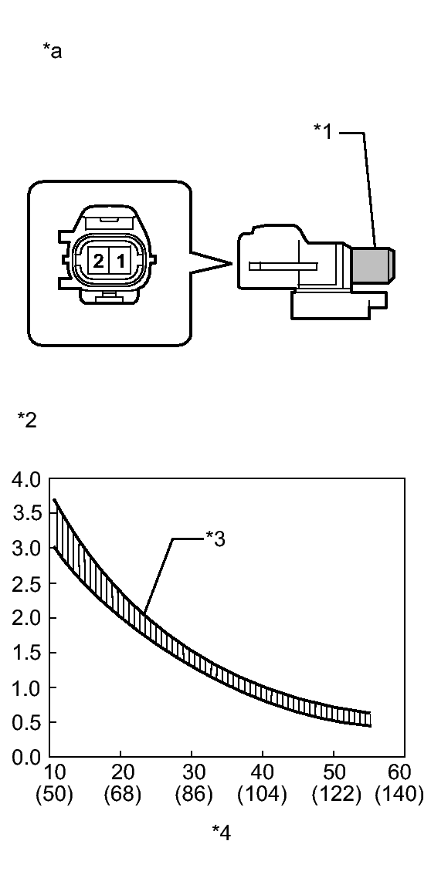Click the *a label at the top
click(52, 51)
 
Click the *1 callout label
click(323, 130)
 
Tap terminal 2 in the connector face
click(98, 262)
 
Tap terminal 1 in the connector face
click(120, 262)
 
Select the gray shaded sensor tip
click(372, 265)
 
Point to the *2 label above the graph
click(27, 420)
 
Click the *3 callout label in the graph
click(215, 539)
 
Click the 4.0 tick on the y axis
click(26, 478)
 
